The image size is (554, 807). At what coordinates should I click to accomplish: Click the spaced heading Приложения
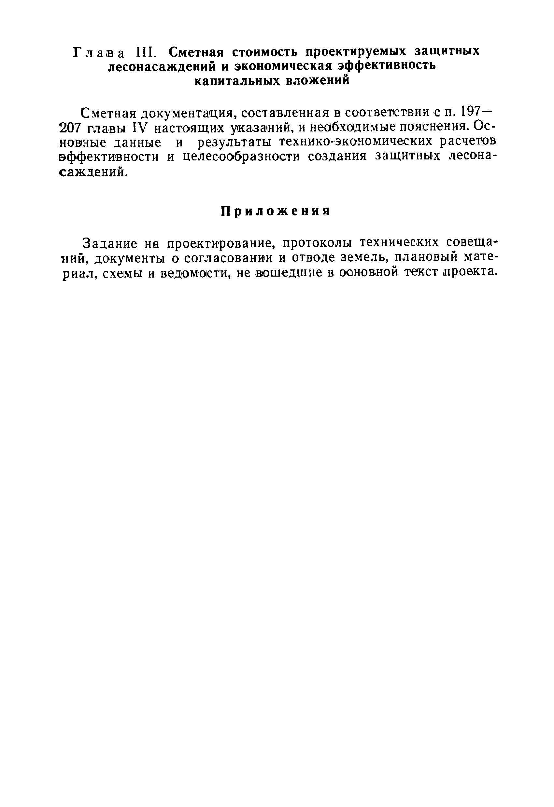pyautogui.click(x=275, y=211)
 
